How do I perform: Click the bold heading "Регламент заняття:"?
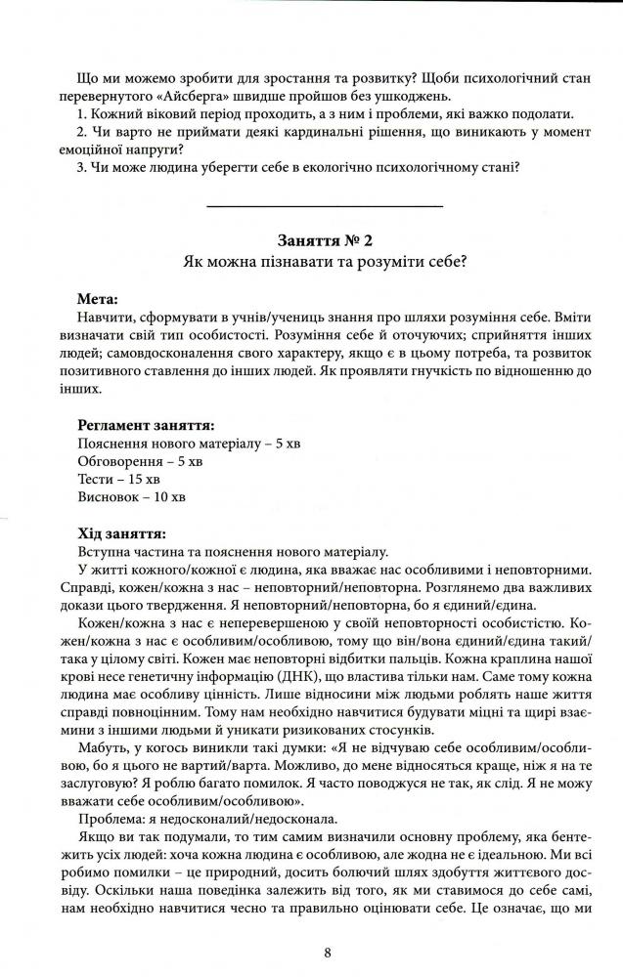[147, 425]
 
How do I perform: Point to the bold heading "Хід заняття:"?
[120, 533]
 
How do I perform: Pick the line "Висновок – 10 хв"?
[131, 497]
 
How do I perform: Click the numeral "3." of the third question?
[81, 166]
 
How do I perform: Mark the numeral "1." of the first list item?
[81, 113]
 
